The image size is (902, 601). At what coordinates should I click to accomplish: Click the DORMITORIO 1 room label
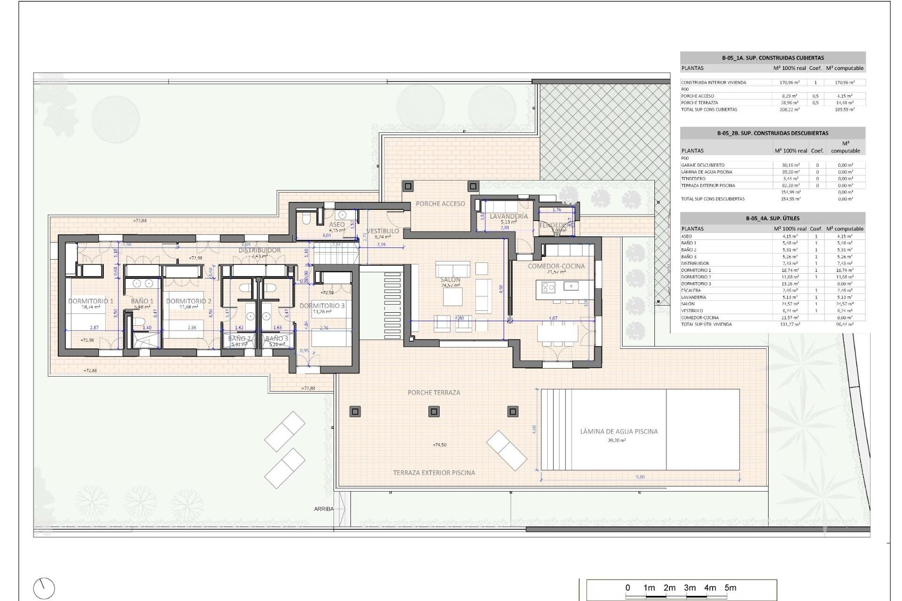(91, 301)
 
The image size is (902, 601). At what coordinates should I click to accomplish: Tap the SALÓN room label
(450, 279)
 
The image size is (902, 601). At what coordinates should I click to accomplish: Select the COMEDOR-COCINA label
(556, 266)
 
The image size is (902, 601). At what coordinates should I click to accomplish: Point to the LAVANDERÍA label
(509, 216)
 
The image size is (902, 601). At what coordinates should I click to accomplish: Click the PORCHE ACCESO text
(440, 204)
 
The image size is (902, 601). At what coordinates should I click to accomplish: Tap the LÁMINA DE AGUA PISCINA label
(619, 431)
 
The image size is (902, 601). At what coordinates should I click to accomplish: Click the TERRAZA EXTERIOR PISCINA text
(434, 472)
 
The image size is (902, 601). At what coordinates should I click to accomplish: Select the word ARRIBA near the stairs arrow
(324, 509)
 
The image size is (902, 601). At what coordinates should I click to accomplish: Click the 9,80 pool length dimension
(640, 477)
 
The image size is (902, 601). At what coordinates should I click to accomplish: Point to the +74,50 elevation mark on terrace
(440, 445)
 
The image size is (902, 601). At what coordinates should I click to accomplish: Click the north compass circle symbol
(44, 588)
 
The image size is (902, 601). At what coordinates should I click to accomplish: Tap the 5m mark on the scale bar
(730, 588)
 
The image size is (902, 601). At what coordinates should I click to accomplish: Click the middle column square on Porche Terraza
(434, 412)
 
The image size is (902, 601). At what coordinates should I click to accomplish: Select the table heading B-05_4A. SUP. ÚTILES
(772, 218)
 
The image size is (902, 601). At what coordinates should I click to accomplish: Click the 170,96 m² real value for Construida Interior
(789, 83)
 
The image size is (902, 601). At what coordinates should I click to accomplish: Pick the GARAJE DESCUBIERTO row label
(703, 165)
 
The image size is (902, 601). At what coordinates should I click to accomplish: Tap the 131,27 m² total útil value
(789, 324)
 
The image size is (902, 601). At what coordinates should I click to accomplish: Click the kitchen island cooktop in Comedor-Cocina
(548, 286)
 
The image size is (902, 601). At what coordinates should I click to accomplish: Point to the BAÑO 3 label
(277, 339)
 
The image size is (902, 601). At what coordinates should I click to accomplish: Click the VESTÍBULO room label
(382, 231)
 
